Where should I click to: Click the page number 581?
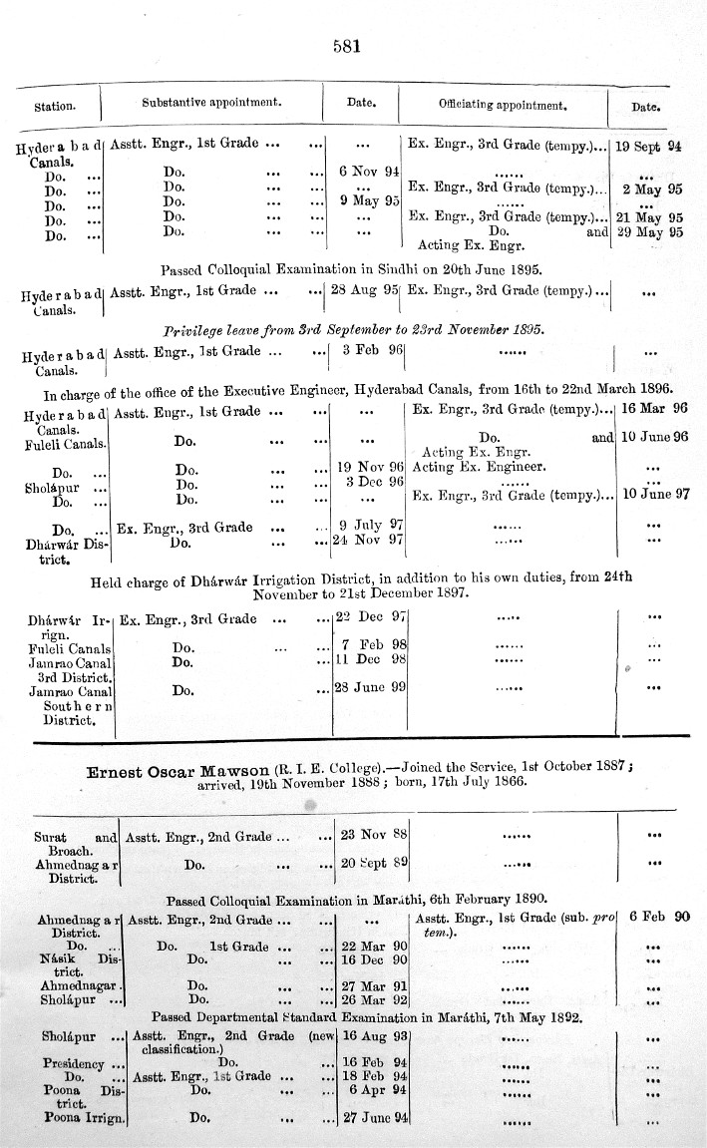pos(344,45)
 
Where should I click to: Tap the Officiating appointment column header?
pos(503,104)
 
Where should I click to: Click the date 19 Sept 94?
pos(647,146)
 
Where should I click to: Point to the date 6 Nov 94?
pos(369,171)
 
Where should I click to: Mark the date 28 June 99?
pos(369,687)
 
